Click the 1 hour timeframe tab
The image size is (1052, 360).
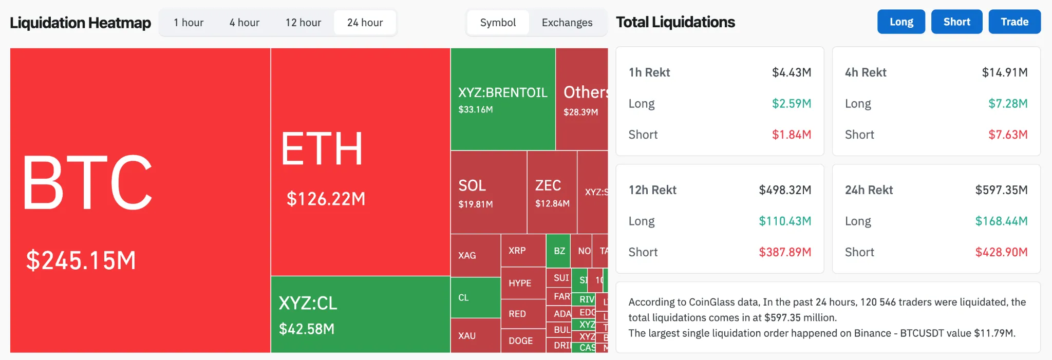coord(189,23)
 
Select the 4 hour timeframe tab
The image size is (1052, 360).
coord(245,23)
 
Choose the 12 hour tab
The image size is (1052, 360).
coord(303,23)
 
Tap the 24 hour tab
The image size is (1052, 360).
coord(365,23)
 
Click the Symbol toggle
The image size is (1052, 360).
coord(498,23)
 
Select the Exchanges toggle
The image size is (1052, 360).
coord(567,23)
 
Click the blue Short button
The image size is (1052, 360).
coord(956,22)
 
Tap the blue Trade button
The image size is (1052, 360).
coord(1015,22)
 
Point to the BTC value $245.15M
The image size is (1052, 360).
coord(81,260)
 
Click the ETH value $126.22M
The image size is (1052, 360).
coord(326,199)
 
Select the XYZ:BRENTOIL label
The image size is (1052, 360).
coord(503,92)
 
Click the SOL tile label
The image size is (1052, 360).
coord(472,185)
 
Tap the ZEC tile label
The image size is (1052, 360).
coord(548,185)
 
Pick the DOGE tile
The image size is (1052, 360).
coord(520,340)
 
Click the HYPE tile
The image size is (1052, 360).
coord(520,283)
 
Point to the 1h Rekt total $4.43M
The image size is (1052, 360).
coord(792,72)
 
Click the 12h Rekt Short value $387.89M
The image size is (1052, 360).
coord(785,252)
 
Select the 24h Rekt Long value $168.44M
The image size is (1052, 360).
coord(1001,221)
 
